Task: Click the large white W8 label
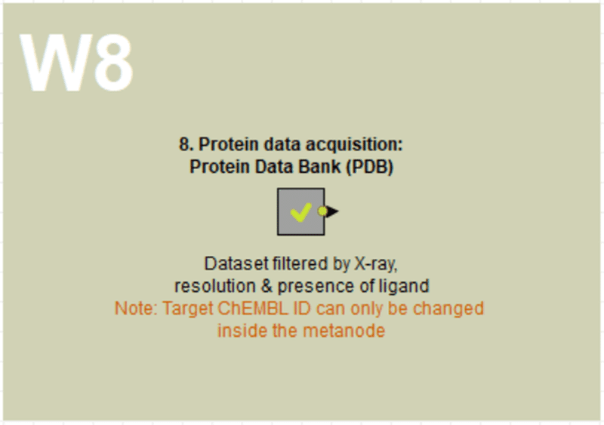(x=76, y=62)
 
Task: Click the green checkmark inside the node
(x=300, y=213)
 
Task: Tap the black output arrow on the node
(x=332, y=211)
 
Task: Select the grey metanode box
(x=300, y=211)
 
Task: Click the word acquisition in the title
(x=354, y=144)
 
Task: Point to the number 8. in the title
(x=186, y=144)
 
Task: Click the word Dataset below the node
(x=236, y=264)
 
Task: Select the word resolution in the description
(x=215, y=286)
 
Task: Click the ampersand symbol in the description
(x=267, y=286)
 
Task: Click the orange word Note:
(x=137, y=309)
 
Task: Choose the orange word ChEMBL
(x=253, y=309)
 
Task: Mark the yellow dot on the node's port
(x=322, y=211)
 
